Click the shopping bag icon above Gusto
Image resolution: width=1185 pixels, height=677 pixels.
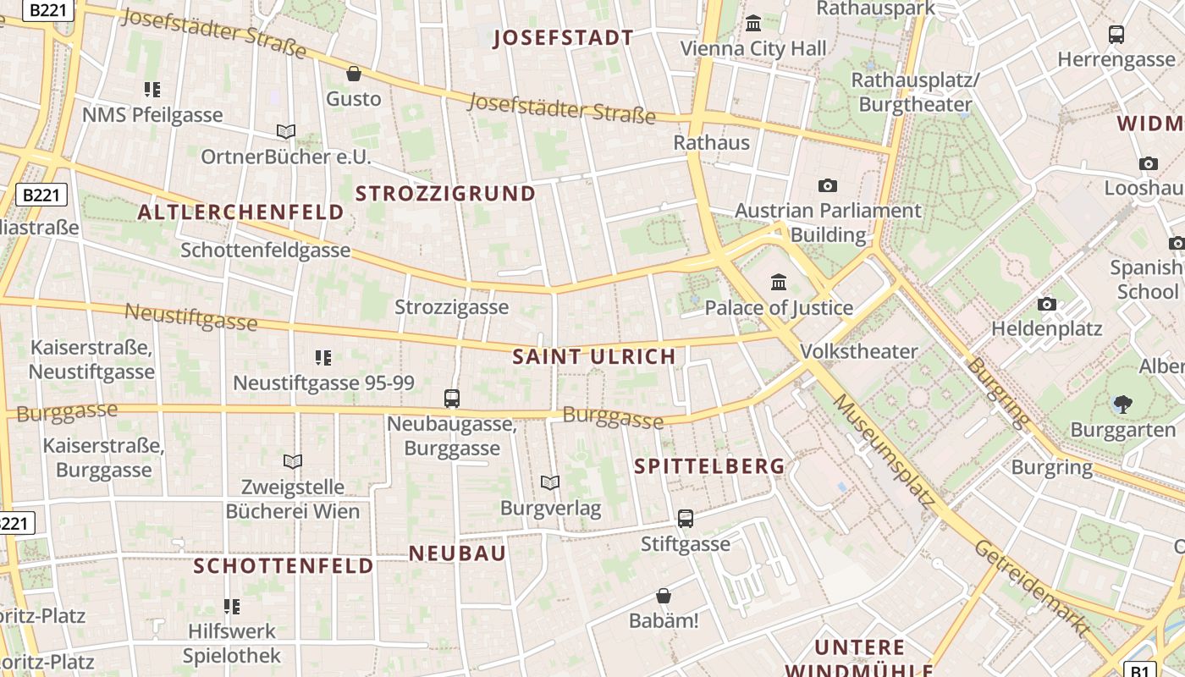tap(354, 74)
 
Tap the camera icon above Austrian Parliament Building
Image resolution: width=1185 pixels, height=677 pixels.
tap(827, 185)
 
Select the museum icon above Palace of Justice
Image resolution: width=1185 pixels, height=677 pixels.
tap(779, 282)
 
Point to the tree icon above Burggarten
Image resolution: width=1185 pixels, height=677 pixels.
tap(1122, 405)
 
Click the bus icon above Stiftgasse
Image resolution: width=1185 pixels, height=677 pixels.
tap(685, 518)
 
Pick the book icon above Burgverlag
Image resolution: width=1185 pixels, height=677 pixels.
tap(550, 483)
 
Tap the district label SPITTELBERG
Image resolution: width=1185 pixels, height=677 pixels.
tap(709, 466)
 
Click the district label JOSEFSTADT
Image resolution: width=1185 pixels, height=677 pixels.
tap(563, 38)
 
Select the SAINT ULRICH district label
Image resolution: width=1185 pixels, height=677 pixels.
tap(594, 357)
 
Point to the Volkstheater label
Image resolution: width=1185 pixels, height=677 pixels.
tap(858, 351)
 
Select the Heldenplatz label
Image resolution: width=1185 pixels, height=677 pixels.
tap(1046, 328)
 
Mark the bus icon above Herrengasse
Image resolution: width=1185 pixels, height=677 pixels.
tap(1116, 35)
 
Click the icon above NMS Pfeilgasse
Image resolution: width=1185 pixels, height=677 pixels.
tap(152, 90)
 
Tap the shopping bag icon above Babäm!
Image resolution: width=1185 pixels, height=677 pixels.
tap(664, 597)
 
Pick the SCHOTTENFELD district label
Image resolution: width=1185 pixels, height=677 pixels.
tap(284, 565)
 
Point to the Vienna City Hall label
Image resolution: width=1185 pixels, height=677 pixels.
tap(753, 49)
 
